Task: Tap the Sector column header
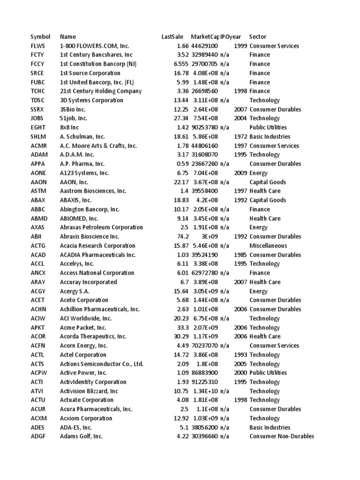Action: point(257,37)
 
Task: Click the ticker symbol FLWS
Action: point(38,46)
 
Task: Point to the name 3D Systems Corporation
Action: point(91,100)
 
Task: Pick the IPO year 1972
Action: point(240,137)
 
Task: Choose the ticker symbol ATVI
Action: point(37,391)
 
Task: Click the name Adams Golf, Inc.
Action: point(81,436)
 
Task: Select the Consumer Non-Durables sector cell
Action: point(281,436)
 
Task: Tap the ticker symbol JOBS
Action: point(37,119)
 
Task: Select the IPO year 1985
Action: point(240,255)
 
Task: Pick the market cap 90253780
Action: point(204,127)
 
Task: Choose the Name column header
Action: point(67,37)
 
